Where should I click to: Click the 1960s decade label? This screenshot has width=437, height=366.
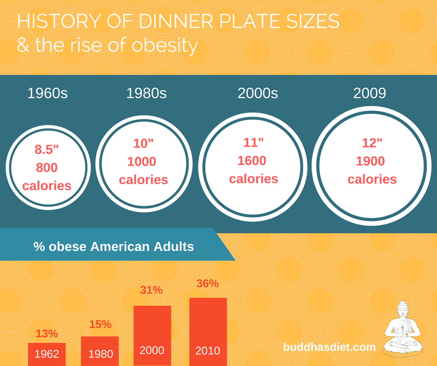pyautogui.click(x=47, y=93)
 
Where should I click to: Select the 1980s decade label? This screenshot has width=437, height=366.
pyautogui.click(x=146, y=93)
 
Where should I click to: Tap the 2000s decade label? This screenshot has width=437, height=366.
pyautogui.click(x=258, y=93)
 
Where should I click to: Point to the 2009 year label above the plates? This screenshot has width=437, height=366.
pyautogui.click(x=370, y=93)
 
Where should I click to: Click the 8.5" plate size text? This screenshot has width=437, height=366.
pyautogui.click(x=46, y=150)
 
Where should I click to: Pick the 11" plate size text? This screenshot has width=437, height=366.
pyautogui.click(x=253, y=143)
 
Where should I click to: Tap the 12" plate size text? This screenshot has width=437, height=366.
pyautogui.click(x=372, y=143)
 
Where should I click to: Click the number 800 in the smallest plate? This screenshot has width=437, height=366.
pyautogui.click(x=46, y=168)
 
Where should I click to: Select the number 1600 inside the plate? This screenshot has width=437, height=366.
pyautogui.click(x=252, y=161)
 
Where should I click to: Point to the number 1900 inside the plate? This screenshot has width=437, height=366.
pyautogui.click(x=371, y=161)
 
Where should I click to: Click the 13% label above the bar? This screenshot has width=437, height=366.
pyautogui.click(x=46, y=333)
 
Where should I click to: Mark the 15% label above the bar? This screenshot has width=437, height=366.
pyautogui.click(x=100, y=324)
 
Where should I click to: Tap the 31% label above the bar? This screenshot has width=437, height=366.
pyautogui.click(x=152, y=290)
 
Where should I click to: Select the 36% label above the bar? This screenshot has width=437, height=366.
pyautogui.click(x=207, y=283)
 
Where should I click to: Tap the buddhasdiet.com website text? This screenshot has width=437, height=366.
pyautogui.click(x=329, y=347)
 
